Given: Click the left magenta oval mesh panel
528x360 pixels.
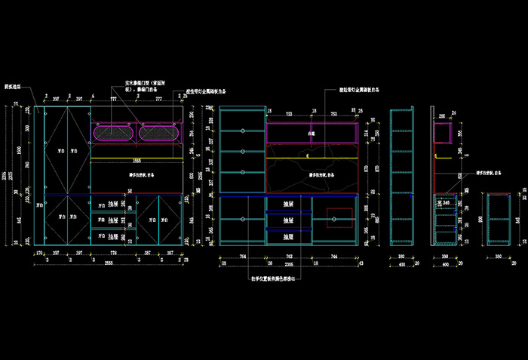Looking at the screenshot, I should (x=114, y=133).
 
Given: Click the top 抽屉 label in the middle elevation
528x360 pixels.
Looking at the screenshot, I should (x=287, y=204).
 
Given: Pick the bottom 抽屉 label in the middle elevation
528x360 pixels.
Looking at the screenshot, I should (x=287, y=236).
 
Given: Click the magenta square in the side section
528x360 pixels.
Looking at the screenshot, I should (x=442, y=134).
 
